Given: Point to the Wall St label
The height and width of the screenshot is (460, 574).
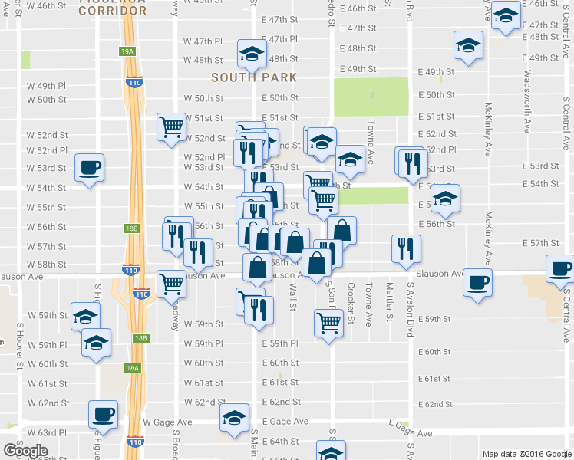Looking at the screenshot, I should [292, 296].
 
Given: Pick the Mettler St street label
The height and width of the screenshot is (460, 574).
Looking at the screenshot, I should [390, 301].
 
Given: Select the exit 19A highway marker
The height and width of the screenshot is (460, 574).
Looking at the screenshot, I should [127, 51].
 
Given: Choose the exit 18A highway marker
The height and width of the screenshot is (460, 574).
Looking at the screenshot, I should [133, 368].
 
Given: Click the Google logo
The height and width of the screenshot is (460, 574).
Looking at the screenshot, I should [25, 451].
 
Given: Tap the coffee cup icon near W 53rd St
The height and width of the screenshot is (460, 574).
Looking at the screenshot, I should [89, 166].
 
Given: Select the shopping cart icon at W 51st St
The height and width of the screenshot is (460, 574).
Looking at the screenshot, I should [171, 126].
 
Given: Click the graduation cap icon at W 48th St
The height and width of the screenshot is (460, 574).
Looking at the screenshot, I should [250, 52].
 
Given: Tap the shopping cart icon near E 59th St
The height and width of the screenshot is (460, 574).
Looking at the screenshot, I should [328, 323].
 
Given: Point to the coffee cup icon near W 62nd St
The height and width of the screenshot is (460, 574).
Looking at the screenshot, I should [102, 414].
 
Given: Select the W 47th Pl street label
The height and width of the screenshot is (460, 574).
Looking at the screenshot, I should [203, 41].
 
